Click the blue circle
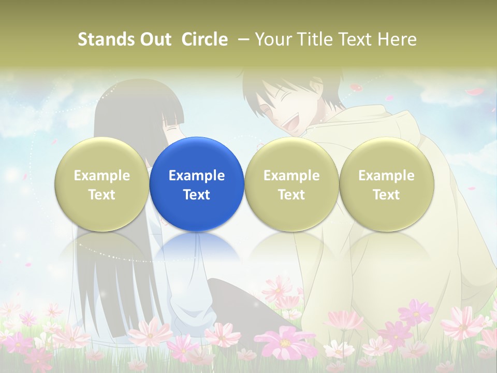click(197, 184)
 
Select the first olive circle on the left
click(101, 184)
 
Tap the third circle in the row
click(291, 184)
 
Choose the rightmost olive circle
click(386, 184)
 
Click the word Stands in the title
click(106, 39)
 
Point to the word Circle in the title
click(204, 39)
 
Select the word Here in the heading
click(397, 39)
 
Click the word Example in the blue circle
click(197, 176)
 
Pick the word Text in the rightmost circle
click(386, 195)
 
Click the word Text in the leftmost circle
click(101, 195)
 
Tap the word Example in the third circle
click(291, 176)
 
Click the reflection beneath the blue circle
click(197, 249)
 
